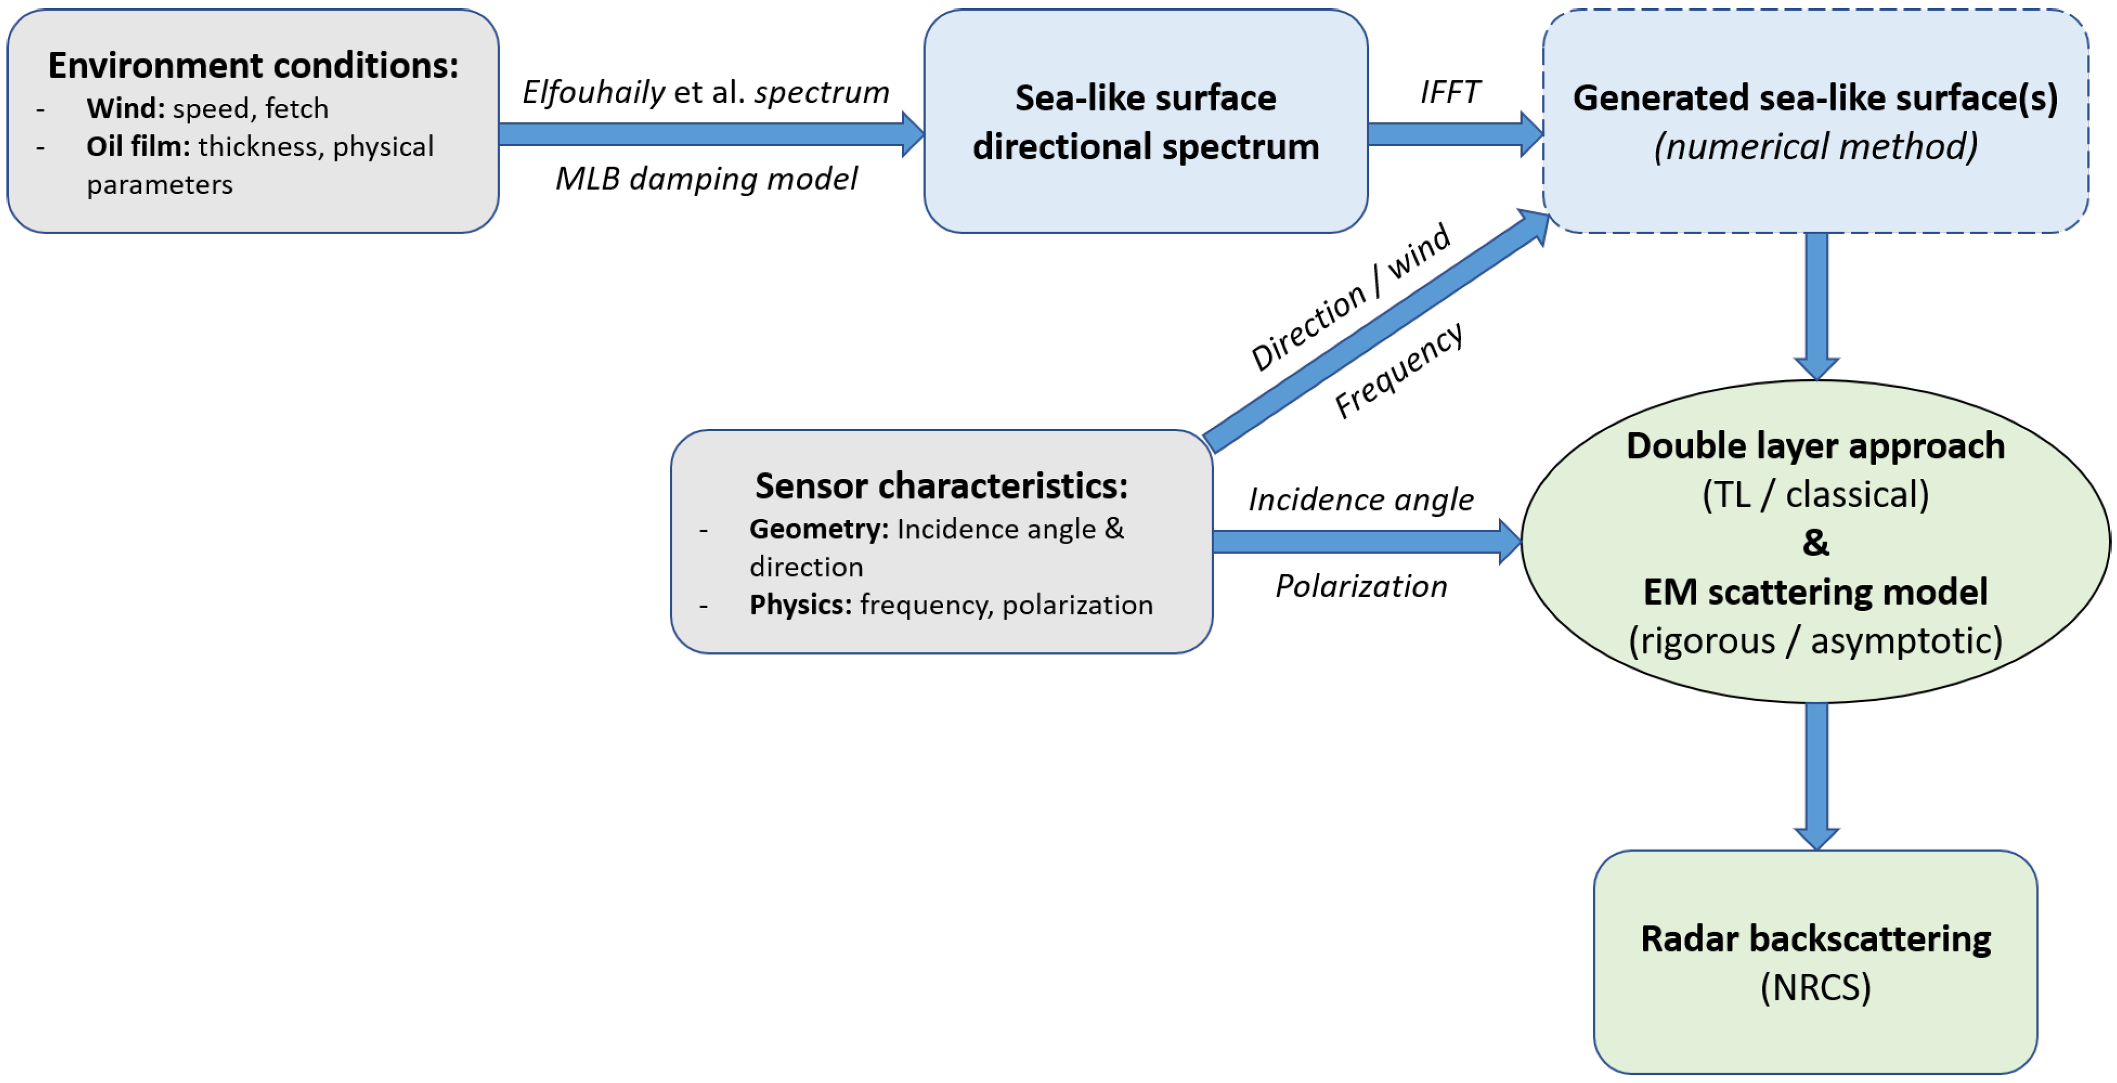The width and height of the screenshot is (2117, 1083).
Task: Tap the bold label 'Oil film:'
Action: click(x=138, y=146)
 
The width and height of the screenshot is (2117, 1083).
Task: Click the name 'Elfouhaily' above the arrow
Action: click(x=593, y=92)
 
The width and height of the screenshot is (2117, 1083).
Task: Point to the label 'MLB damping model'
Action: click(x=705, y=178)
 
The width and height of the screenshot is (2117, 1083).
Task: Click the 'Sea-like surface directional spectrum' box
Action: click(x=1145, y=122)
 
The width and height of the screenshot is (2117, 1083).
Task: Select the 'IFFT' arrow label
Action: click(x=1450, y=92)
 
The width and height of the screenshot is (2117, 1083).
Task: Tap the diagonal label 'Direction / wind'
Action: click(x=1350, y=297)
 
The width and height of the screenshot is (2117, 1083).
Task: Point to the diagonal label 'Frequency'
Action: click(x=1398, y=370)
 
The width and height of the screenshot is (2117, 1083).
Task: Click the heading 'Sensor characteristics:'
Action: click(x=941, y=486)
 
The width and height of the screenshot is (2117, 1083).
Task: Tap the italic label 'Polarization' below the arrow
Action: click(x=1360, y=586)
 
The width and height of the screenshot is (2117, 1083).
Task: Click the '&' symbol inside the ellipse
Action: click(x=1815, y=543)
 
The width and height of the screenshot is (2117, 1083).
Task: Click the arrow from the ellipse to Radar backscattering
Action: click(x=1816, y=772)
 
